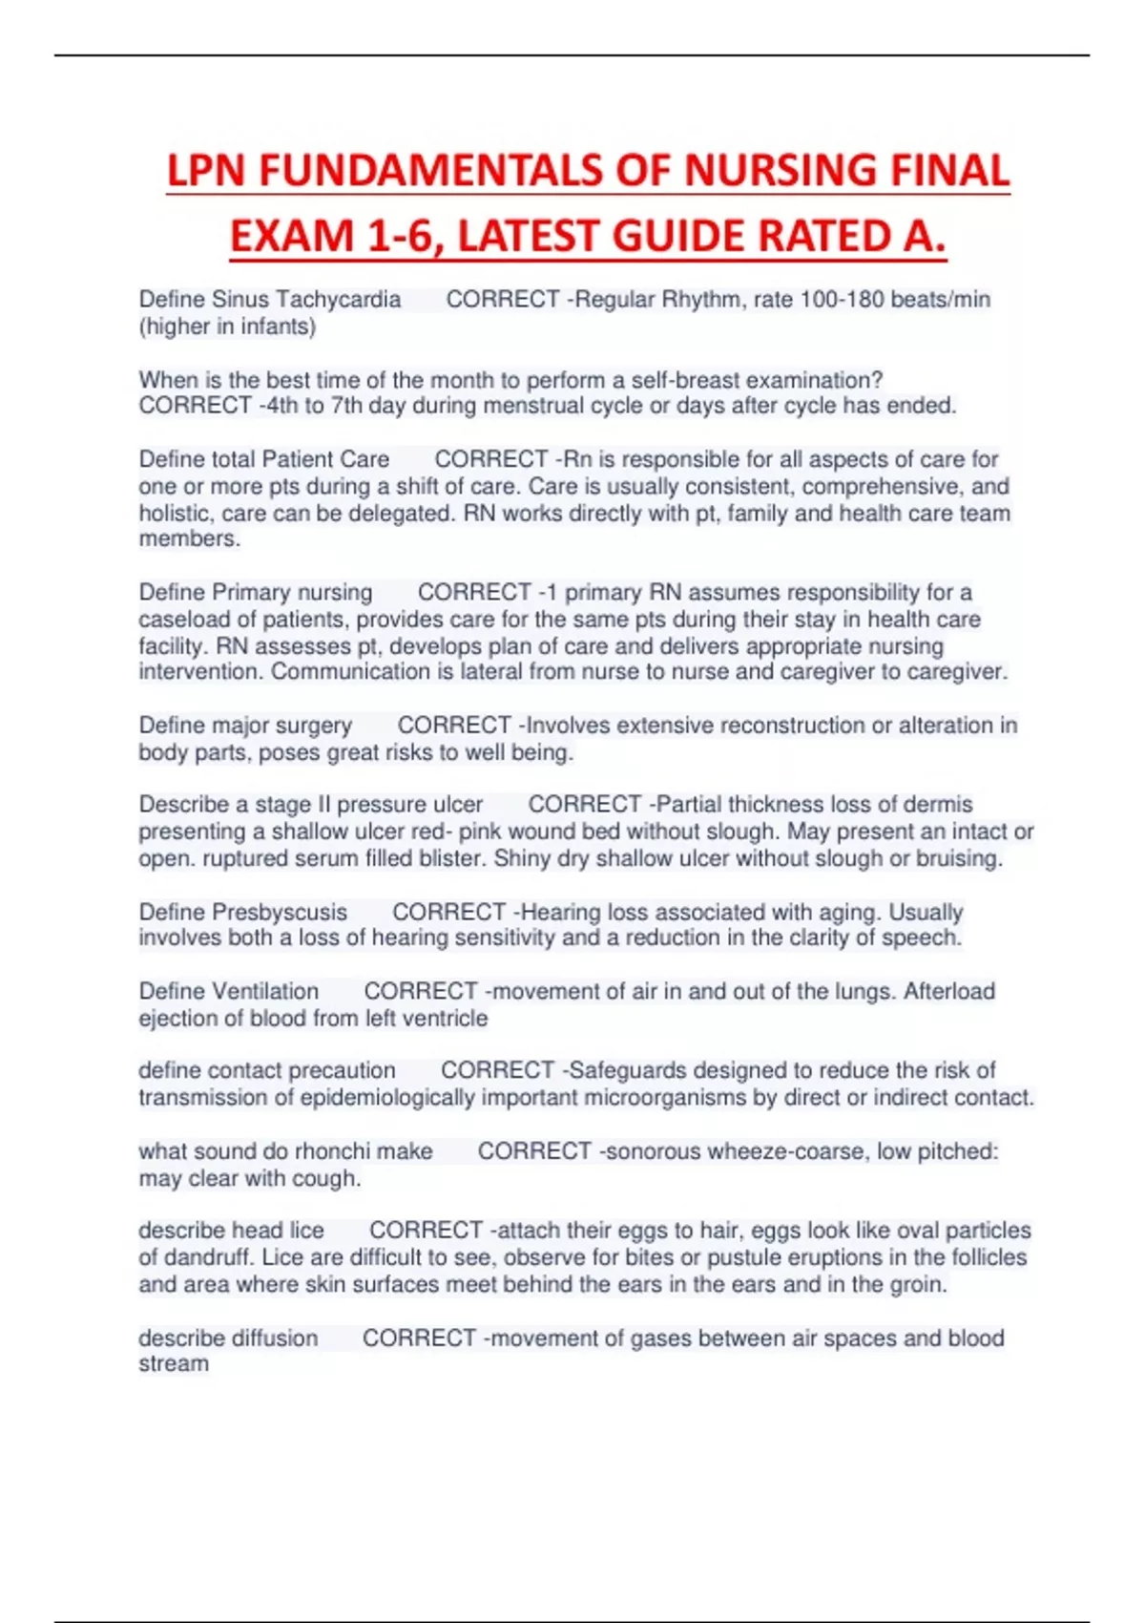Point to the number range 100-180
pos(842,300)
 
